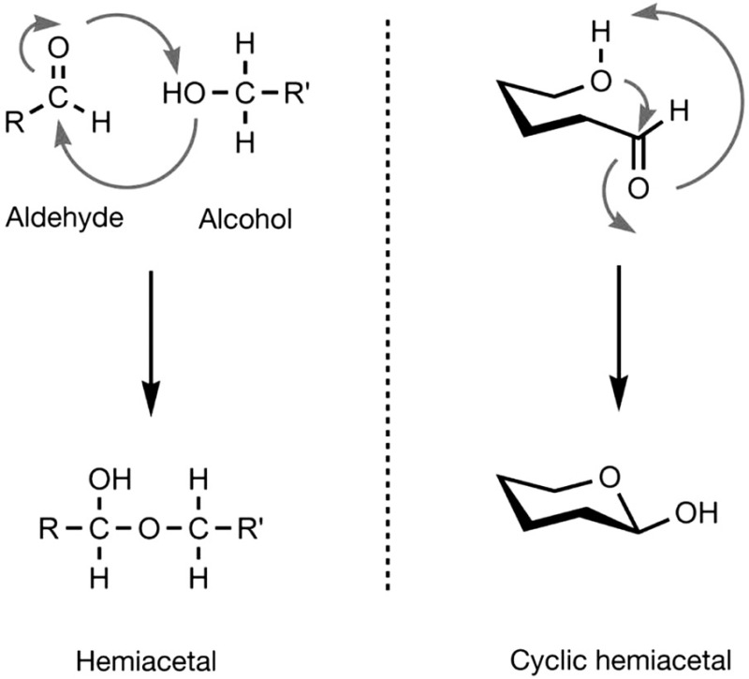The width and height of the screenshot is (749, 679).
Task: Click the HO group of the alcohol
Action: tap(180, 94)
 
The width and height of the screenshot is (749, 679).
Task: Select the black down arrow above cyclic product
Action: tap(620, 337)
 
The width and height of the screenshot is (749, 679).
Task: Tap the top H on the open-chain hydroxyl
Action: tap(601, 36)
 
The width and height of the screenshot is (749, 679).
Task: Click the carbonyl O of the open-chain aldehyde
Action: tap(637, 187)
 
